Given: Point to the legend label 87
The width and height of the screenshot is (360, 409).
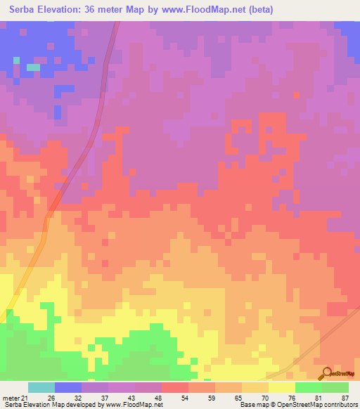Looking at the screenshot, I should pyautogui.click(x=345, y=397).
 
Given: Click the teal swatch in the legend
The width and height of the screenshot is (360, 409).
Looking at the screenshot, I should pyautogui.click(x=41, y=387).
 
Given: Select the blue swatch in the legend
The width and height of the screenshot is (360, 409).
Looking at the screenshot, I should pyautogui.click(x=68, y=387).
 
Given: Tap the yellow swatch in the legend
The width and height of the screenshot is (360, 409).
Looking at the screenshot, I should pyautogui.click(x=282, y=387).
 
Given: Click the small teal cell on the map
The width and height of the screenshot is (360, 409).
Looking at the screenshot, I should pyautogui.click(x=33, y=67).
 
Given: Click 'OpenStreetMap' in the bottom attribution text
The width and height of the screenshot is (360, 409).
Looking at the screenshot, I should pyautogui.click(x=292, y=405).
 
